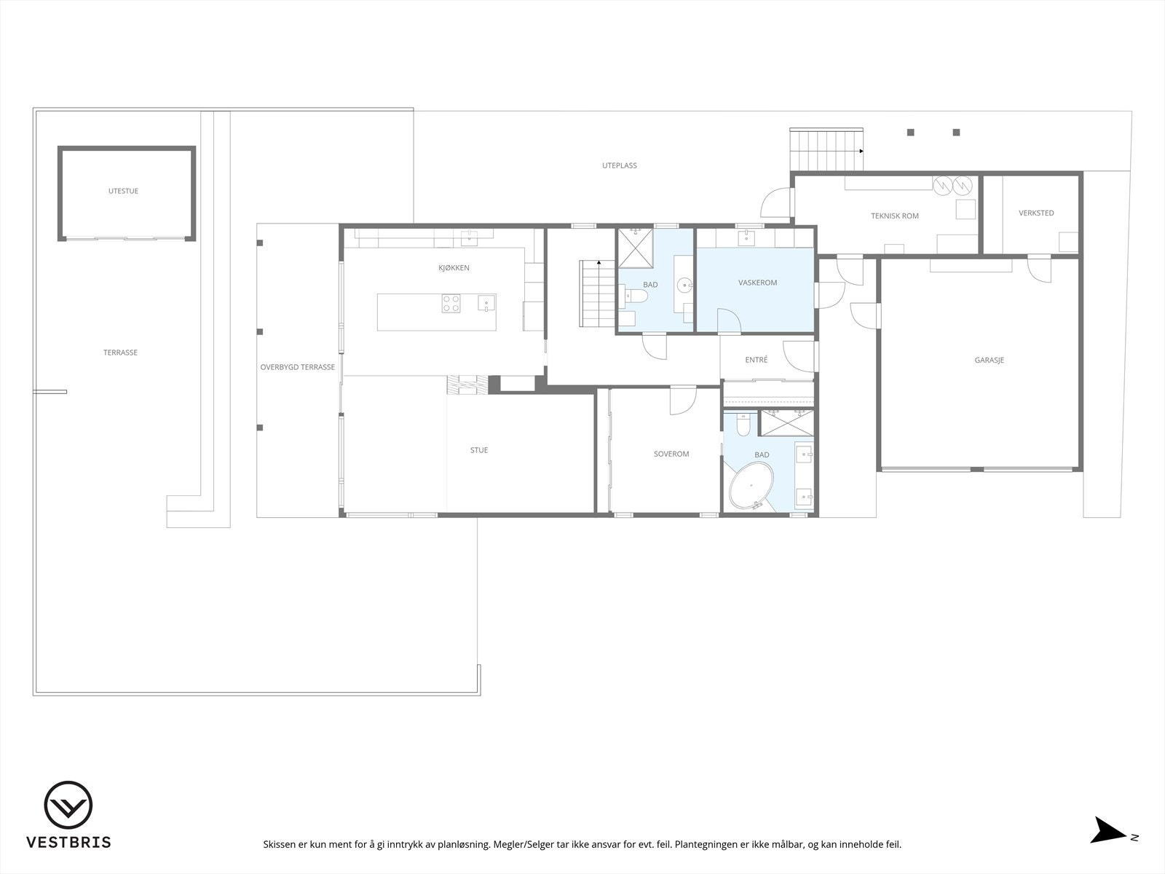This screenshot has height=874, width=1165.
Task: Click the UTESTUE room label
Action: tap(123, 191)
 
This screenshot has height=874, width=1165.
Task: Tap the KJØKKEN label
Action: tap(454, 268)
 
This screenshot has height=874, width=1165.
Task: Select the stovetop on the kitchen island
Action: tap(451, 303)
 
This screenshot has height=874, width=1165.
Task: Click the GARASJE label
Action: tap(989, 360)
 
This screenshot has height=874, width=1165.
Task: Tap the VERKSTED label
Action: tap(1036, 213)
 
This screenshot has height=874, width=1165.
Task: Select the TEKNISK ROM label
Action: tap(894, 216)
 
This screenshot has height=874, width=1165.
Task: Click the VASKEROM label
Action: tap(757, 283)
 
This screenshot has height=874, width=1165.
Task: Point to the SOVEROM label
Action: tap(671, 454)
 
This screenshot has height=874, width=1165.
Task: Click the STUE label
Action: tap(478, 450)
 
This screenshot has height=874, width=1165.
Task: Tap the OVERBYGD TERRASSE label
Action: tap(297, 367)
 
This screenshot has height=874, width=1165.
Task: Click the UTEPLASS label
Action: tap(619, 165)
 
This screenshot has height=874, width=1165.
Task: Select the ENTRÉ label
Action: tap(756, 360)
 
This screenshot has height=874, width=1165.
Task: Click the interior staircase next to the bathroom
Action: tap(598, 295)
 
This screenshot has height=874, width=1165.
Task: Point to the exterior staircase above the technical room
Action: tap(826, 149)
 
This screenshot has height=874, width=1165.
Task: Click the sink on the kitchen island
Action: tap(486, 303)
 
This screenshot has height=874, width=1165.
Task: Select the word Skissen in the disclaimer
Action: tap(280, 845)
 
